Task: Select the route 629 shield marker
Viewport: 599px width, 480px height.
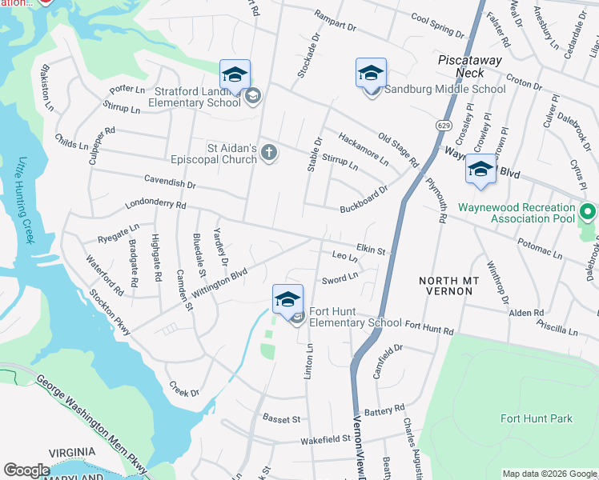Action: click(443, 126)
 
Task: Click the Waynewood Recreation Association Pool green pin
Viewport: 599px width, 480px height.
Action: click(589, 213)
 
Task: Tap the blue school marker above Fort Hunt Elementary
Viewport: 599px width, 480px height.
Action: click(287, 300)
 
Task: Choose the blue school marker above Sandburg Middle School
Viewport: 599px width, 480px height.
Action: click(371, 74)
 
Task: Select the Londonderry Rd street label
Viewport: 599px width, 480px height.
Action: click(155, 205)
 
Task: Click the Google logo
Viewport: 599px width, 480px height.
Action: click(26, 470)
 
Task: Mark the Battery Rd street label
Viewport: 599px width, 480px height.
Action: click(384, 410)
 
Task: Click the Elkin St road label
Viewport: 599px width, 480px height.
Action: click(371, 250)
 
